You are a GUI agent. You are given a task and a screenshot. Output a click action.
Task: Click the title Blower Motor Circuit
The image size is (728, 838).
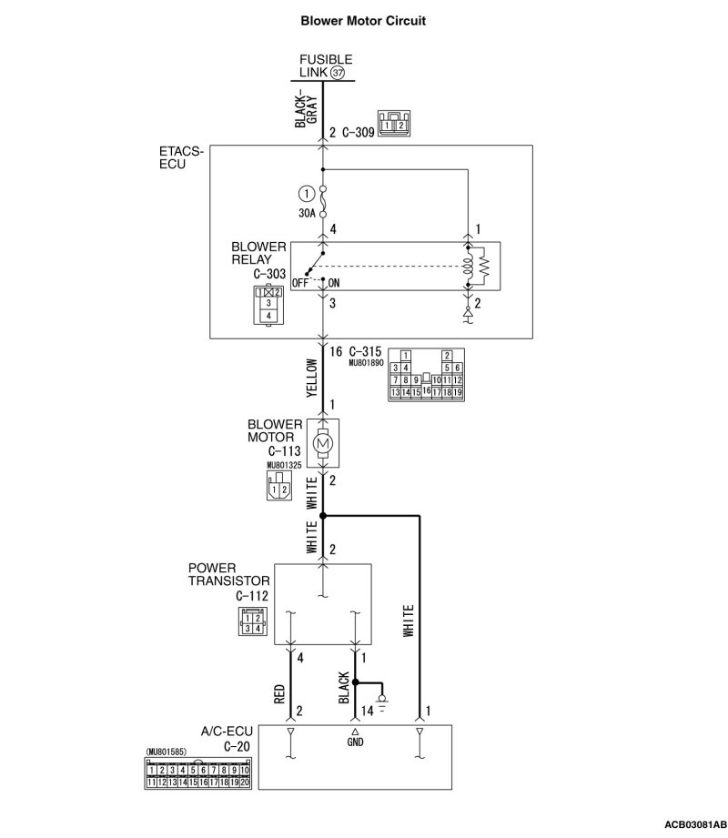362,18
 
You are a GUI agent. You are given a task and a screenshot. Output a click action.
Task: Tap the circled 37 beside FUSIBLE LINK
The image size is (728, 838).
338,73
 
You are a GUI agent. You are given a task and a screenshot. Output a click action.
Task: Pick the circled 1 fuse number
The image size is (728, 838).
306,193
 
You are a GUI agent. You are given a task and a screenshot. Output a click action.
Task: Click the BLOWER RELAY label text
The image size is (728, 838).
258,253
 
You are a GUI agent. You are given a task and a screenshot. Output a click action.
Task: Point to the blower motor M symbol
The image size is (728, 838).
324,442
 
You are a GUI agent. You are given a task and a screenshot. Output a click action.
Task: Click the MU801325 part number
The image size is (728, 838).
284,466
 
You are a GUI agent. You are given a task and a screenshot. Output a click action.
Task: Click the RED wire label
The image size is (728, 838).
279,694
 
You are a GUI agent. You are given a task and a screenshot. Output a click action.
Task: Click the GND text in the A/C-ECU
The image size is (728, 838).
356,742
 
